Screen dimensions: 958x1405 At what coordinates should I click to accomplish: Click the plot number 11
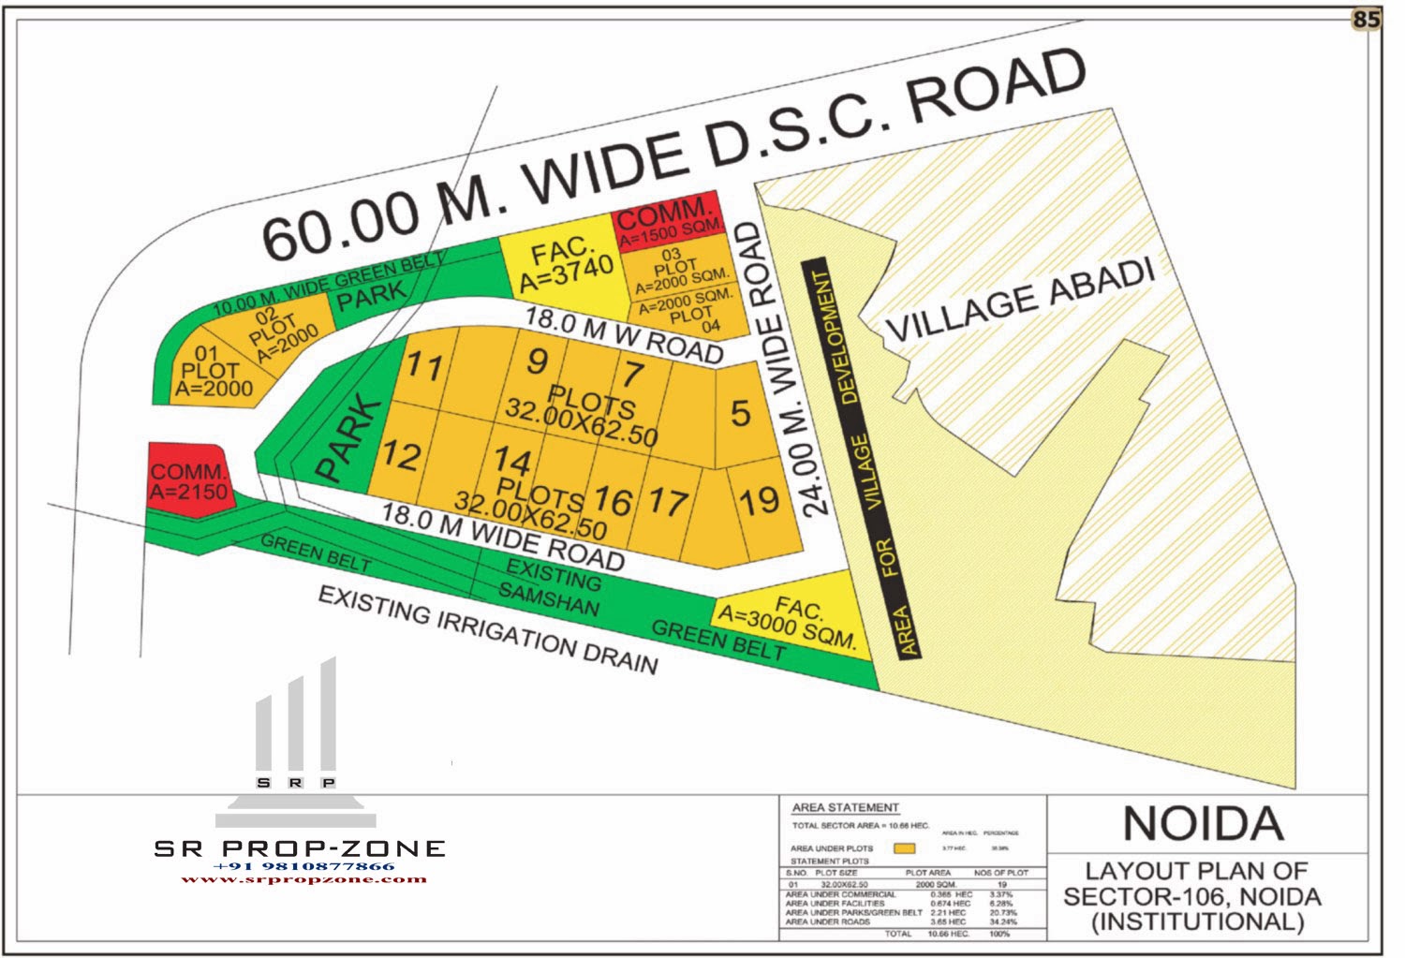click(x=424, y=366)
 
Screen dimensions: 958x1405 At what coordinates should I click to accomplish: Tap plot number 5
click(x=740, y=413)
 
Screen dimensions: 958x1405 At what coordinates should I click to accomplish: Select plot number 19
click(x=759, y=501)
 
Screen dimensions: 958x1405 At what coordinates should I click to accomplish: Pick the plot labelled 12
click(x=400, y=456)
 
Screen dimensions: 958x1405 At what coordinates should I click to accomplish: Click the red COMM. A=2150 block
click(x=188, y=481)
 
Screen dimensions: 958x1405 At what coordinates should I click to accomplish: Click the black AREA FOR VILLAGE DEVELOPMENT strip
click(x=863, y=459)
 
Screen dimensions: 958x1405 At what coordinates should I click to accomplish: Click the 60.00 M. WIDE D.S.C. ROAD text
click(x=674, y=155)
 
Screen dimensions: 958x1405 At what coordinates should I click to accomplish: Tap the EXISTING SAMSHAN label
click(x=551, y=585)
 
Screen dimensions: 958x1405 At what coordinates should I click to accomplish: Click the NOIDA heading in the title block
click(x=1204, y=824)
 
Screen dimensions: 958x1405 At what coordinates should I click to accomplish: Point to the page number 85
click(x=1367, y=20)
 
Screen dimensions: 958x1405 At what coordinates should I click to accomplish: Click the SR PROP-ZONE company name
click(x=300, y=848)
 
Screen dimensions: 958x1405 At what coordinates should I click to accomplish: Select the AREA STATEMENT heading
click(x=845, y=807)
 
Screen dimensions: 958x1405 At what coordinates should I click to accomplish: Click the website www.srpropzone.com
click(x=303, y=879)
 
